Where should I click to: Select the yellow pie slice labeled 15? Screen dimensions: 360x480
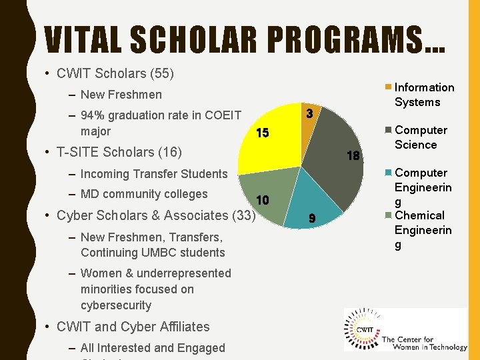pyautogui.click(x=273, y=143)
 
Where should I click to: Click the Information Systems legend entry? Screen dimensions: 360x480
pyautogui.click(x=424, y=95)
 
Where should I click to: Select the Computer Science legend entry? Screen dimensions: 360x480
pyautogui.click(x=421, y=137)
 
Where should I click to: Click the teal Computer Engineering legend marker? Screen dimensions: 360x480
pyautogui.click(x=389, y=173)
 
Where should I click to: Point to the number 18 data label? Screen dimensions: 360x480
pyautogui.click(x=353, y=156)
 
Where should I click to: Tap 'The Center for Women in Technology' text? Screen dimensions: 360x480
pyautogui.click(x=423, y=344)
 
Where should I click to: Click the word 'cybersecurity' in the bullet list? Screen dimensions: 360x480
pyautogui.click(x=116, y=305)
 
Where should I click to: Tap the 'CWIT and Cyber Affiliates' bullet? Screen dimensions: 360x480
pyautogui.click(x=133, y=327)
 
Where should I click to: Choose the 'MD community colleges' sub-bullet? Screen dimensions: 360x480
pyautogui.click(x=143, y=195)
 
